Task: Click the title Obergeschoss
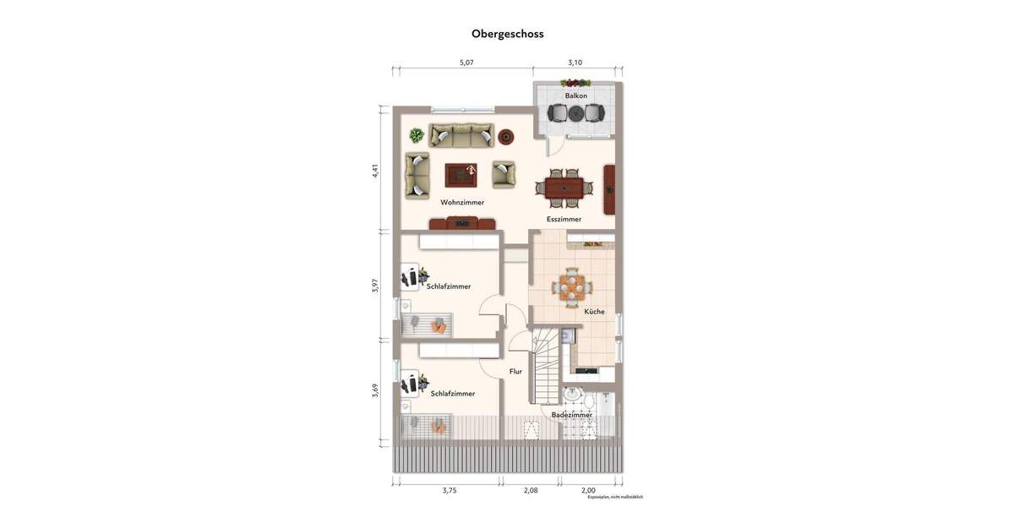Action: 507,34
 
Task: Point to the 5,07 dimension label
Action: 466,63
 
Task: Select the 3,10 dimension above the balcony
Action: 575,63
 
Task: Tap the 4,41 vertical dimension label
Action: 375,171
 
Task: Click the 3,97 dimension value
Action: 375,286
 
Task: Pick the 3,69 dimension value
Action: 375,390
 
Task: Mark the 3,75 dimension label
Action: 450,490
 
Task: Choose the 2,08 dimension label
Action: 530,490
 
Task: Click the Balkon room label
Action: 576,95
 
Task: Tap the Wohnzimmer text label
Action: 462,203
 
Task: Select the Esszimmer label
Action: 564,219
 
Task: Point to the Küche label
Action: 594,312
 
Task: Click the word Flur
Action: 515,371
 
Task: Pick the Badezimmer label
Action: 572,415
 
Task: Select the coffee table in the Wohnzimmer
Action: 461,175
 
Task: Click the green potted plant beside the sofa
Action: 417,135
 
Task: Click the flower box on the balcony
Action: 575,83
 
